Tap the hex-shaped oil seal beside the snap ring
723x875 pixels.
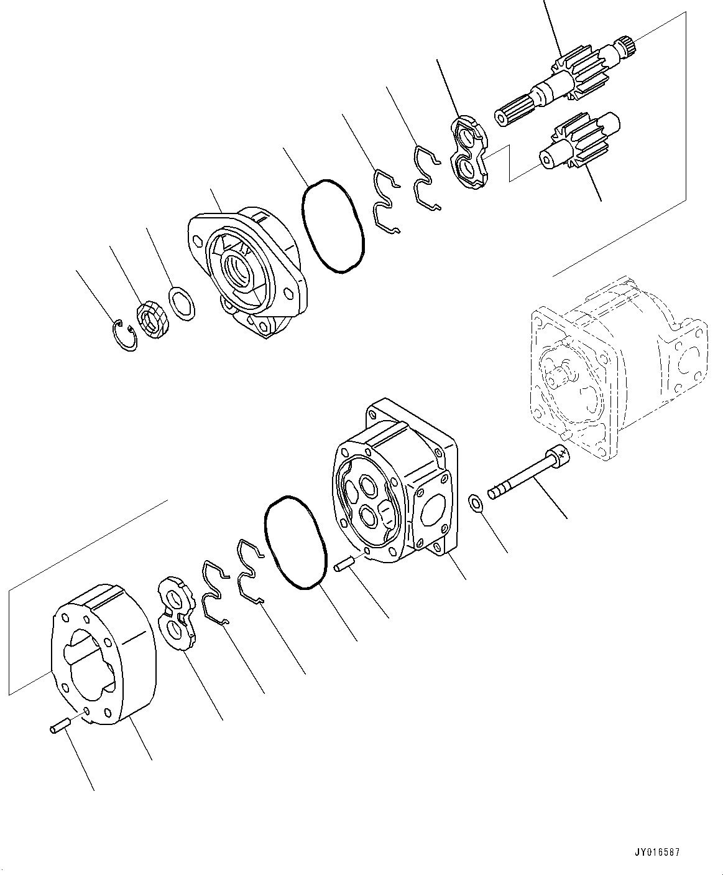click(x=153, y=320)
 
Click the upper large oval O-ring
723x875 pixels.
click(x=333, y=225)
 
